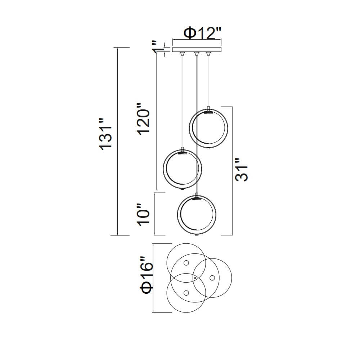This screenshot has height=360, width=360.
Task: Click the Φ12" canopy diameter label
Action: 202,33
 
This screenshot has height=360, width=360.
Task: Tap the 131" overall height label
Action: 106,135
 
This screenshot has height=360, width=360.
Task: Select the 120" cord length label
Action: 144,119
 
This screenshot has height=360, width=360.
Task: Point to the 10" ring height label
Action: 144,215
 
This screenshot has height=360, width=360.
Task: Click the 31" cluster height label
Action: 242,170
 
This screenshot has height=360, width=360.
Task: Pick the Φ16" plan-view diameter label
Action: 147,275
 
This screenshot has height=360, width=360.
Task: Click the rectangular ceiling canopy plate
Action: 197,50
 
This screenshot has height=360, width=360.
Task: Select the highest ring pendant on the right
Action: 208,129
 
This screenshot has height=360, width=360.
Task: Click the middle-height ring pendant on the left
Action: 183,169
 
